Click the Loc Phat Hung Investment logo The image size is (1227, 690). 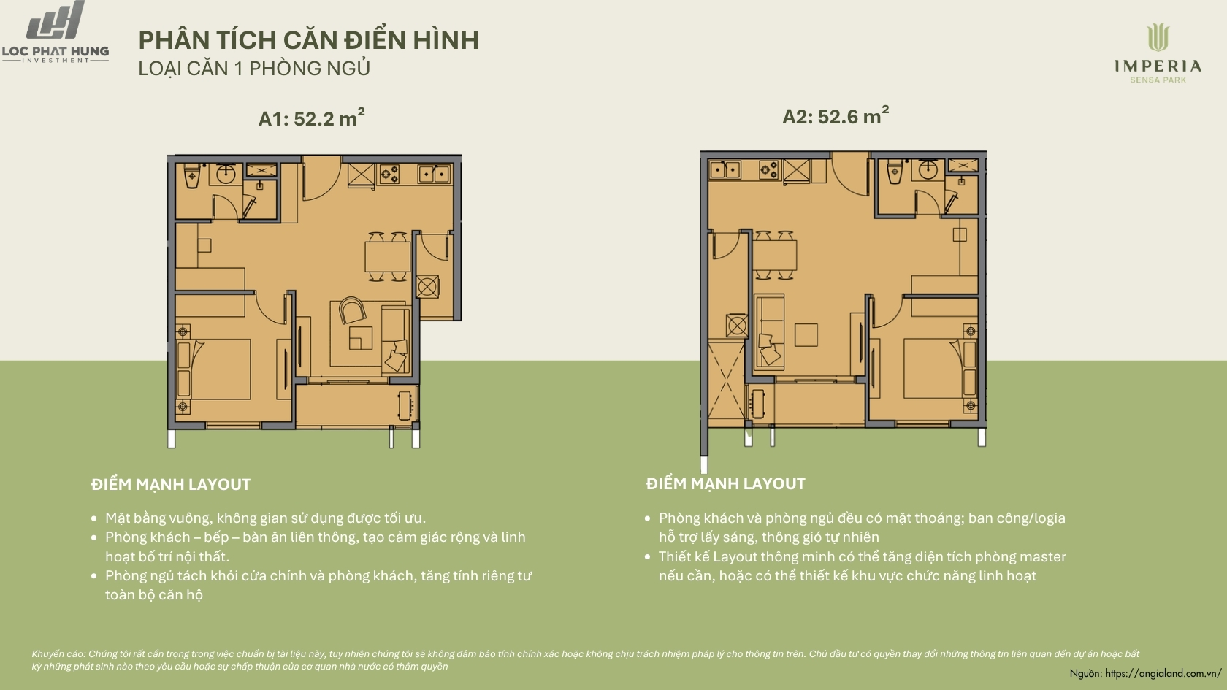click(x=56, y=32)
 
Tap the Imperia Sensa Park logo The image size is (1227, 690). click(x=1158, y=53)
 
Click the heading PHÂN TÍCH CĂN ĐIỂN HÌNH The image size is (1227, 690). click(x=308, y=40)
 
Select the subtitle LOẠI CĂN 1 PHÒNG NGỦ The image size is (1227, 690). click(x=254, y=69)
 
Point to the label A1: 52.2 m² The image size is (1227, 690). click(x=311, y=117)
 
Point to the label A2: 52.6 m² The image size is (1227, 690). click(x=836, y=115)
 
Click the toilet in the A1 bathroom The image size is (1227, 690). click(x=192, y=175)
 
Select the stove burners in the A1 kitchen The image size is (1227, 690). click(x=389, y=174)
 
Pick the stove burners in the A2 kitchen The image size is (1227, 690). click(x=768, y=169)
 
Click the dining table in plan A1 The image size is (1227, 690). click(x=388, y=256)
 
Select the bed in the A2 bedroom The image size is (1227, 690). click(x=940, y=368)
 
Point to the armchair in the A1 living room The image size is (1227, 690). click(x=352, y=310)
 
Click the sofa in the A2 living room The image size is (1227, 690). click(x=769, y=331)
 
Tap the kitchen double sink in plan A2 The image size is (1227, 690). click(x=725, y=169)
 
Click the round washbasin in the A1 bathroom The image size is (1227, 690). click(x=226, y=175)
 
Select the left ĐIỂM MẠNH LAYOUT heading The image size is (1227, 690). click(x=171, y=485)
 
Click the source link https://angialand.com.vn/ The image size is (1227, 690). click(x=1163, y=673)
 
